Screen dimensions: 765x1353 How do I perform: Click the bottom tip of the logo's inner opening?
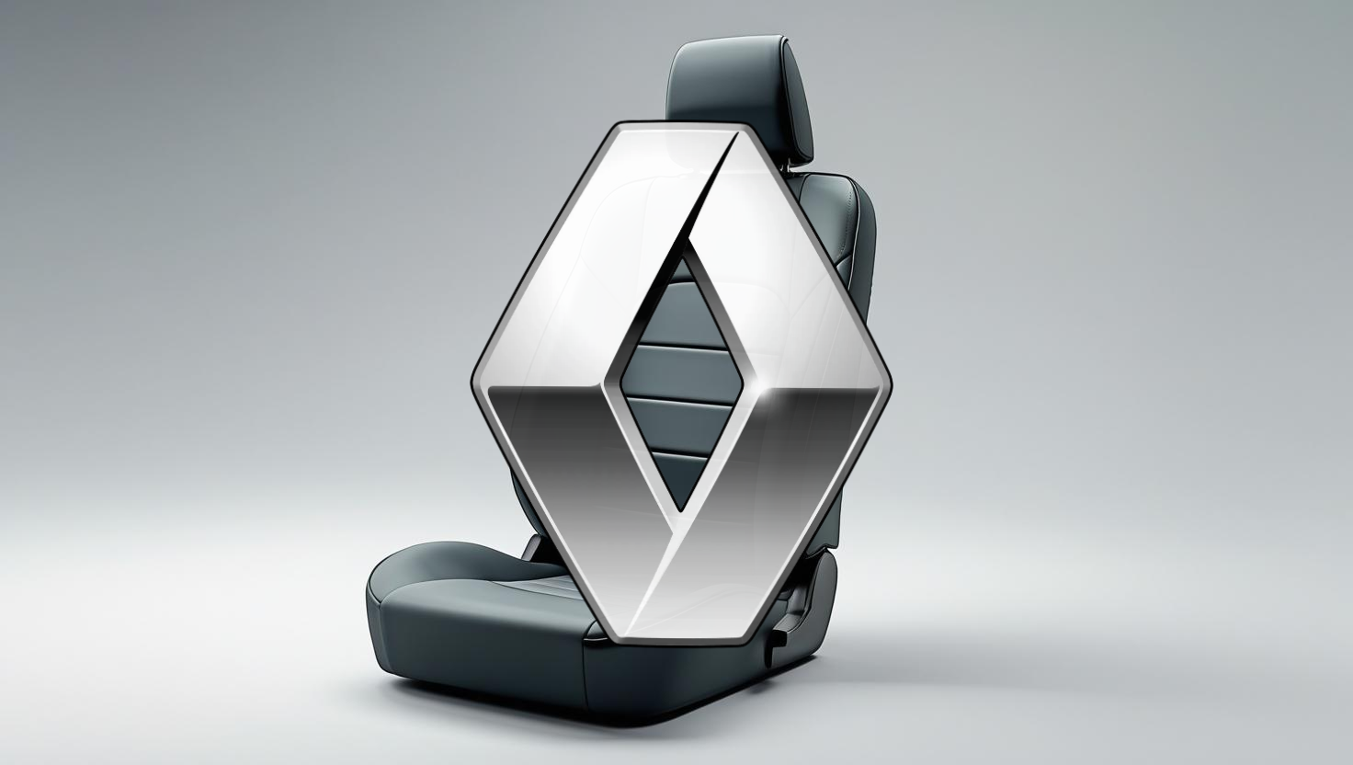coord(681,511)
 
